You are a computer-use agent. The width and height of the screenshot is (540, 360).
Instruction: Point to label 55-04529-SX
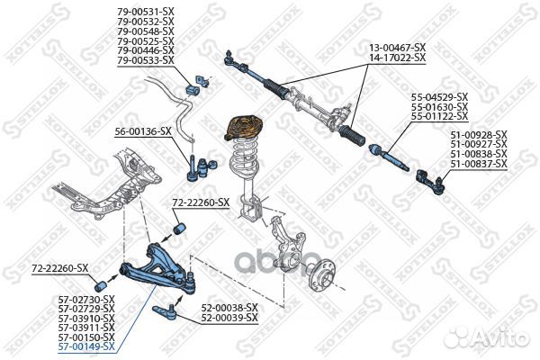click(x=439, y=96)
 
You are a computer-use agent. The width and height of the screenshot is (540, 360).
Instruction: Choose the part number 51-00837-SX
click(x=479, y=164)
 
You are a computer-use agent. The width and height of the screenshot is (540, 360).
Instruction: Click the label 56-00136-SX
click(x=142, y=131)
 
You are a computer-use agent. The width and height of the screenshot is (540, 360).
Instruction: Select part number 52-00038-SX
click(x=229, y=307)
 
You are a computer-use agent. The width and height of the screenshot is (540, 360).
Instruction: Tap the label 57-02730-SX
click(x=86, y=298)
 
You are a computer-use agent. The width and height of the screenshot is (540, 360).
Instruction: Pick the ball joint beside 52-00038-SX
click(x=168, y=312)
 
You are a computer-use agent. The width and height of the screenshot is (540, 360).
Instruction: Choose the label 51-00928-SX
click(x=479, y=134)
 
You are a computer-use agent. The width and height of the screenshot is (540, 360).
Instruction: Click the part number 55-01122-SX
click(x=439, y=116)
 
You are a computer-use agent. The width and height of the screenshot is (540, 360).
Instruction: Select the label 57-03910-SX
click(x=86, y=317)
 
